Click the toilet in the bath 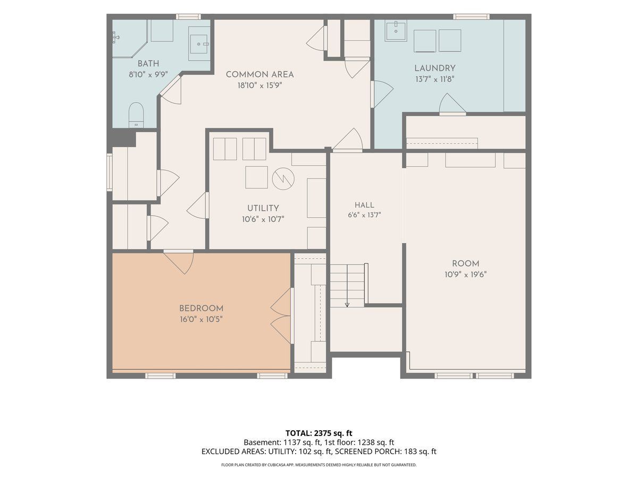click(136, 115)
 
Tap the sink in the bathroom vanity click(199, 44)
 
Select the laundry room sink click(396, 31)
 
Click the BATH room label click(148, 64)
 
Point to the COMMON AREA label click(260, 74)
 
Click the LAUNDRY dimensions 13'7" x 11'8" click(435, 79)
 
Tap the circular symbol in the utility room click(283, 179)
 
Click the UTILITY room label click(263, 208)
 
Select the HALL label click(365, 205)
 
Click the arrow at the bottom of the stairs click(347, 304)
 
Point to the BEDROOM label click(201, 308)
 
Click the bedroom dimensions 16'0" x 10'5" click(201, 320)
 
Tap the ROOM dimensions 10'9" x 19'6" click(466, 275)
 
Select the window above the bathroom click(188, 16)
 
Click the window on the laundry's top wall click(471, 16)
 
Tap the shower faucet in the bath click(116, 37)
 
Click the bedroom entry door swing click(179, 262)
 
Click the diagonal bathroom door click(171, 89)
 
